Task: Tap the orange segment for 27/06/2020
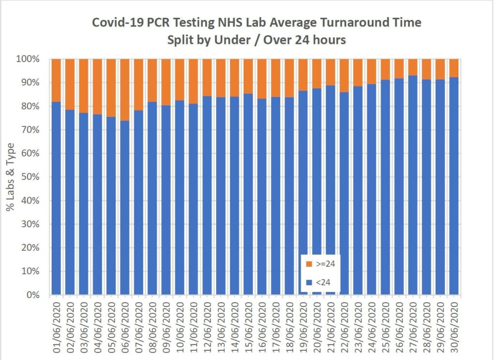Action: pyautogui.click(x=412, y=67)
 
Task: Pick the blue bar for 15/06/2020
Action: pyautogui.click(x=248, y=193)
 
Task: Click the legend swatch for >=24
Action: pyautogui.click(x=309, y=264)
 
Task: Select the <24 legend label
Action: pyautogui.click(x=323, y=282)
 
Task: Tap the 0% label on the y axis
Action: pyautogui.click(x=38, y=295)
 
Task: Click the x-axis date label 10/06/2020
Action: pyautogui.click(x=180, y=324)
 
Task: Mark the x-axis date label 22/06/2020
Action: pyautogui.click(x=344, y=324)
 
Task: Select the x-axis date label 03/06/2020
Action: pyautogui.click(x=84, y=324)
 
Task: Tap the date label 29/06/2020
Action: pyautogui.click(x=440, y=324)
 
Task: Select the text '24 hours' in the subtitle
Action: pyautogui.click(x=321, y=40)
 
